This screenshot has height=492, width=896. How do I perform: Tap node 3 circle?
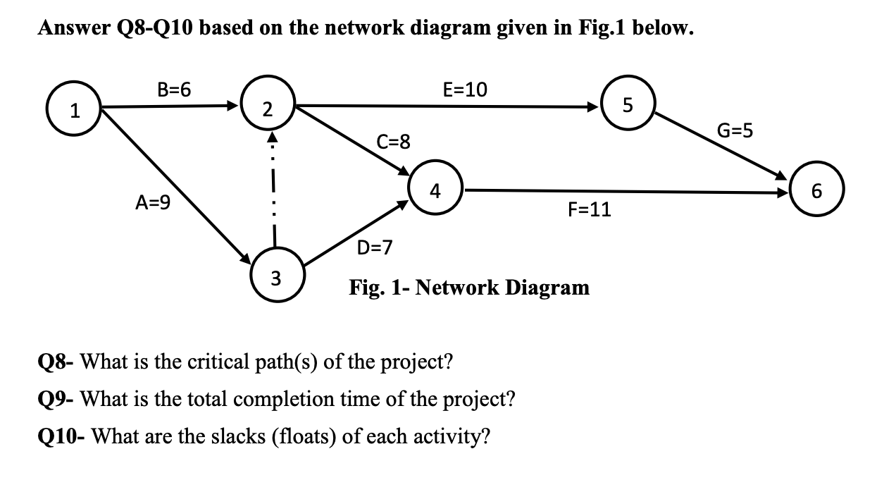pos(275,277)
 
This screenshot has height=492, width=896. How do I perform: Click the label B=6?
pos(174,90)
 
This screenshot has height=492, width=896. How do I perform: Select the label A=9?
pos(153,204)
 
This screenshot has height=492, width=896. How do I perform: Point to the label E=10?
pos(464,90)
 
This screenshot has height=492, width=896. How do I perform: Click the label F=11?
pos(589,209)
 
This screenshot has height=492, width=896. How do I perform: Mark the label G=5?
pos(735,130)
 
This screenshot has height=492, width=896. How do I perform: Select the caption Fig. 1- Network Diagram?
pos(469,288)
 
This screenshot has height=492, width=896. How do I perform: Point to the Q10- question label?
pos(61,436)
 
